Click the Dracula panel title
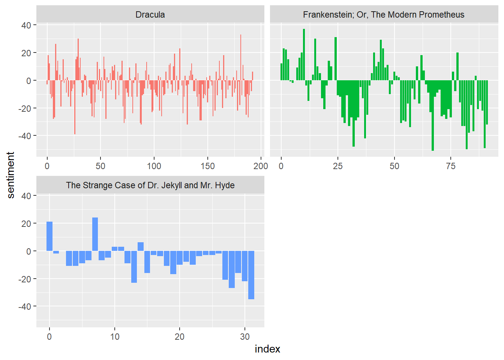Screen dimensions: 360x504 tap(150, 15)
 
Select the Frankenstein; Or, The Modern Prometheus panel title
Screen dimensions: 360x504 tap(383, 15)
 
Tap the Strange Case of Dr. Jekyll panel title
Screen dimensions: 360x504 tap(150, 185)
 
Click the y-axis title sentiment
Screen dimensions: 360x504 tap(10, 175)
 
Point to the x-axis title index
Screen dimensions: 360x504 tap(267, 349)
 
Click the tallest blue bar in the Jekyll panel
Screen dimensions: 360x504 tap(95, 234)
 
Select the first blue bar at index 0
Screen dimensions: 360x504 tap(49, 236)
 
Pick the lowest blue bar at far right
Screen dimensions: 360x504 tap(251, 275)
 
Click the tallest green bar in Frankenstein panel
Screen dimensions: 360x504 tap(304, 55)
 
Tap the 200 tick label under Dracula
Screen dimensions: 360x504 tap(261, 166)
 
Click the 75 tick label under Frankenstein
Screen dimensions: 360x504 tap(451, 166)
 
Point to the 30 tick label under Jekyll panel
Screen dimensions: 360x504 tap(245, 337)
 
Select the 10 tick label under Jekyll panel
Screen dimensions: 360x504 tap(115, 337)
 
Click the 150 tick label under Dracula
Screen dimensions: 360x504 tap(207, 166)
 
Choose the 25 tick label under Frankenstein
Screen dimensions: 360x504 tap(337, 166)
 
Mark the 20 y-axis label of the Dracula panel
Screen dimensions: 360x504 tap(26, 53)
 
